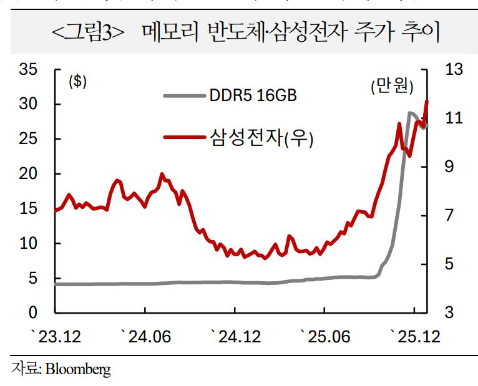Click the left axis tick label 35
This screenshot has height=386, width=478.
click(29, 69)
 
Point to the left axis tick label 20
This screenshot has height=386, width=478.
click(29, 173)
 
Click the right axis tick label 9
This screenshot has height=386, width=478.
click(449, 166)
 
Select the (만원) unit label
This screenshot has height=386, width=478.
click(391, 87)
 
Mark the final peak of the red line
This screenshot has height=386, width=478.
click(427, 100)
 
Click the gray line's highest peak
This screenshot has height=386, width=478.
click(410, 113)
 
